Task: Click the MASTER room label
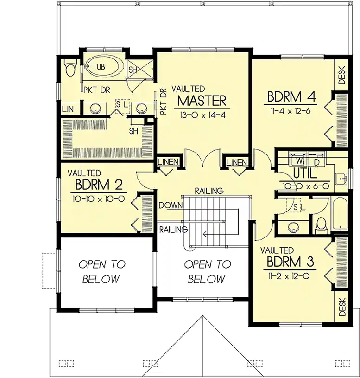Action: (202, 101)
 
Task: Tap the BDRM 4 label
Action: (291, 97)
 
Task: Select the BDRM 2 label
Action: (99, 185)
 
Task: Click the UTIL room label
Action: (304, 173)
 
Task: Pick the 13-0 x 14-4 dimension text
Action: (202, 115)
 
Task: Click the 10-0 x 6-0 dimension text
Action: (306, 186)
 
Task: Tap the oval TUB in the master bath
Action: (103, 67)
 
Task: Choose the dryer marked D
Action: (316, 160)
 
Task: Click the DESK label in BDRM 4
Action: (342, 75)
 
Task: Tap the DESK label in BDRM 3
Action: (342, 307)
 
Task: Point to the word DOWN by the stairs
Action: (171, 205)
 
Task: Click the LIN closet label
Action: (68, 109)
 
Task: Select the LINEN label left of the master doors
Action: (168, 162)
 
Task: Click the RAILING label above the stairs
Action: (209, 191)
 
